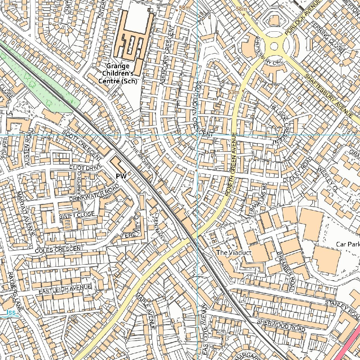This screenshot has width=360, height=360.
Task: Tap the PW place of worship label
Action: click(121, 175)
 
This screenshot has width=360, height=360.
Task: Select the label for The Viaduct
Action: click(229, 252)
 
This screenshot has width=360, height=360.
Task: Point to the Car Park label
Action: click(347, 244)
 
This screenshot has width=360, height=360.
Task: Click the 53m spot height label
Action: click(233, 92)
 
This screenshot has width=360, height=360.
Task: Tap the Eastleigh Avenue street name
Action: click(65, 289)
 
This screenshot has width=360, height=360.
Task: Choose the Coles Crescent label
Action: click(58, 250)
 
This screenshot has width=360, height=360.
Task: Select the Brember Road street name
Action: click(284, 271)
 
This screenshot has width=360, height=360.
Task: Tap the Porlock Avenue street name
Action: click(302, 18)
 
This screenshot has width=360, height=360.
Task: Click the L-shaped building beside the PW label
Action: click(119, 165)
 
